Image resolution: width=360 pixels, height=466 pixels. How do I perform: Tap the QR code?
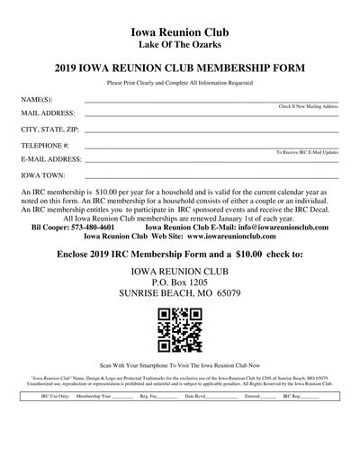(180, 329)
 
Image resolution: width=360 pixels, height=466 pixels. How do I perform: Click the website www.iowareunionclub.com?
(229, 237)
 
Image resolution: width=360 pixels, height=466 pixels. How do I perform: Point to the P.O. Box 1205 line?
(180, 282)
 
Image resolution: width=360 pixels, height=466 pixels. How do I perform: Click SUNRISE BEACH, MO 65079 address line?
(180, 294)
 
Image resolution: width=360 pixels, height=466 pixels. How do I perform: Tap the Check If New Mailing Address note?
(309, 107)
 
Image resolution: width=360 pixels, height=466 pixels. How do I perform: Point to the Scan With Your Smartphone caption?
(180, 366)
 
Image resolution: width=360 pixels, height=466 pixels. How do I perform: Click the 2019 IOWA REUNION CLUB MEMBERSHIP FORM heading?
(180, 67)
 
